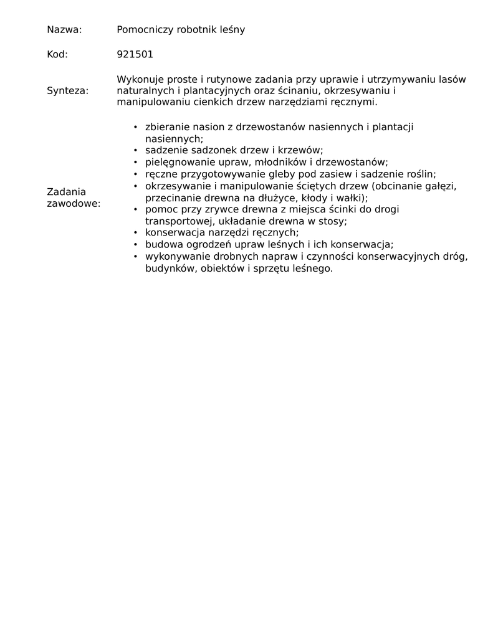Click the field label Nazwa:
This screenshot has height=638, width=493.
click(x=64, y=30)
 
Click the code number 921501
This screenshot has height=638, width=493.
click(x=135, y=55)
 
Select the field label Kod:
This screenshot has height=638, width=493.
click(x=57, y=55)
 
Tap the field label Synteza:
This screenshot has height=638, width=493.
click(x=67, y=91)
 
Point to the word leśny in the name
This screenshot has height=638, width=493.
click(x=231, y=30)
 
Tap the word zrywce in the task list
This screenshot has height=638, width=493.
click(x=212, y=209)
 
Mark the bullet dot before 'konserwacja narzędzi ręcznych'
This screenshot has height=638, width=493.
click(x=135, y=233)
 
